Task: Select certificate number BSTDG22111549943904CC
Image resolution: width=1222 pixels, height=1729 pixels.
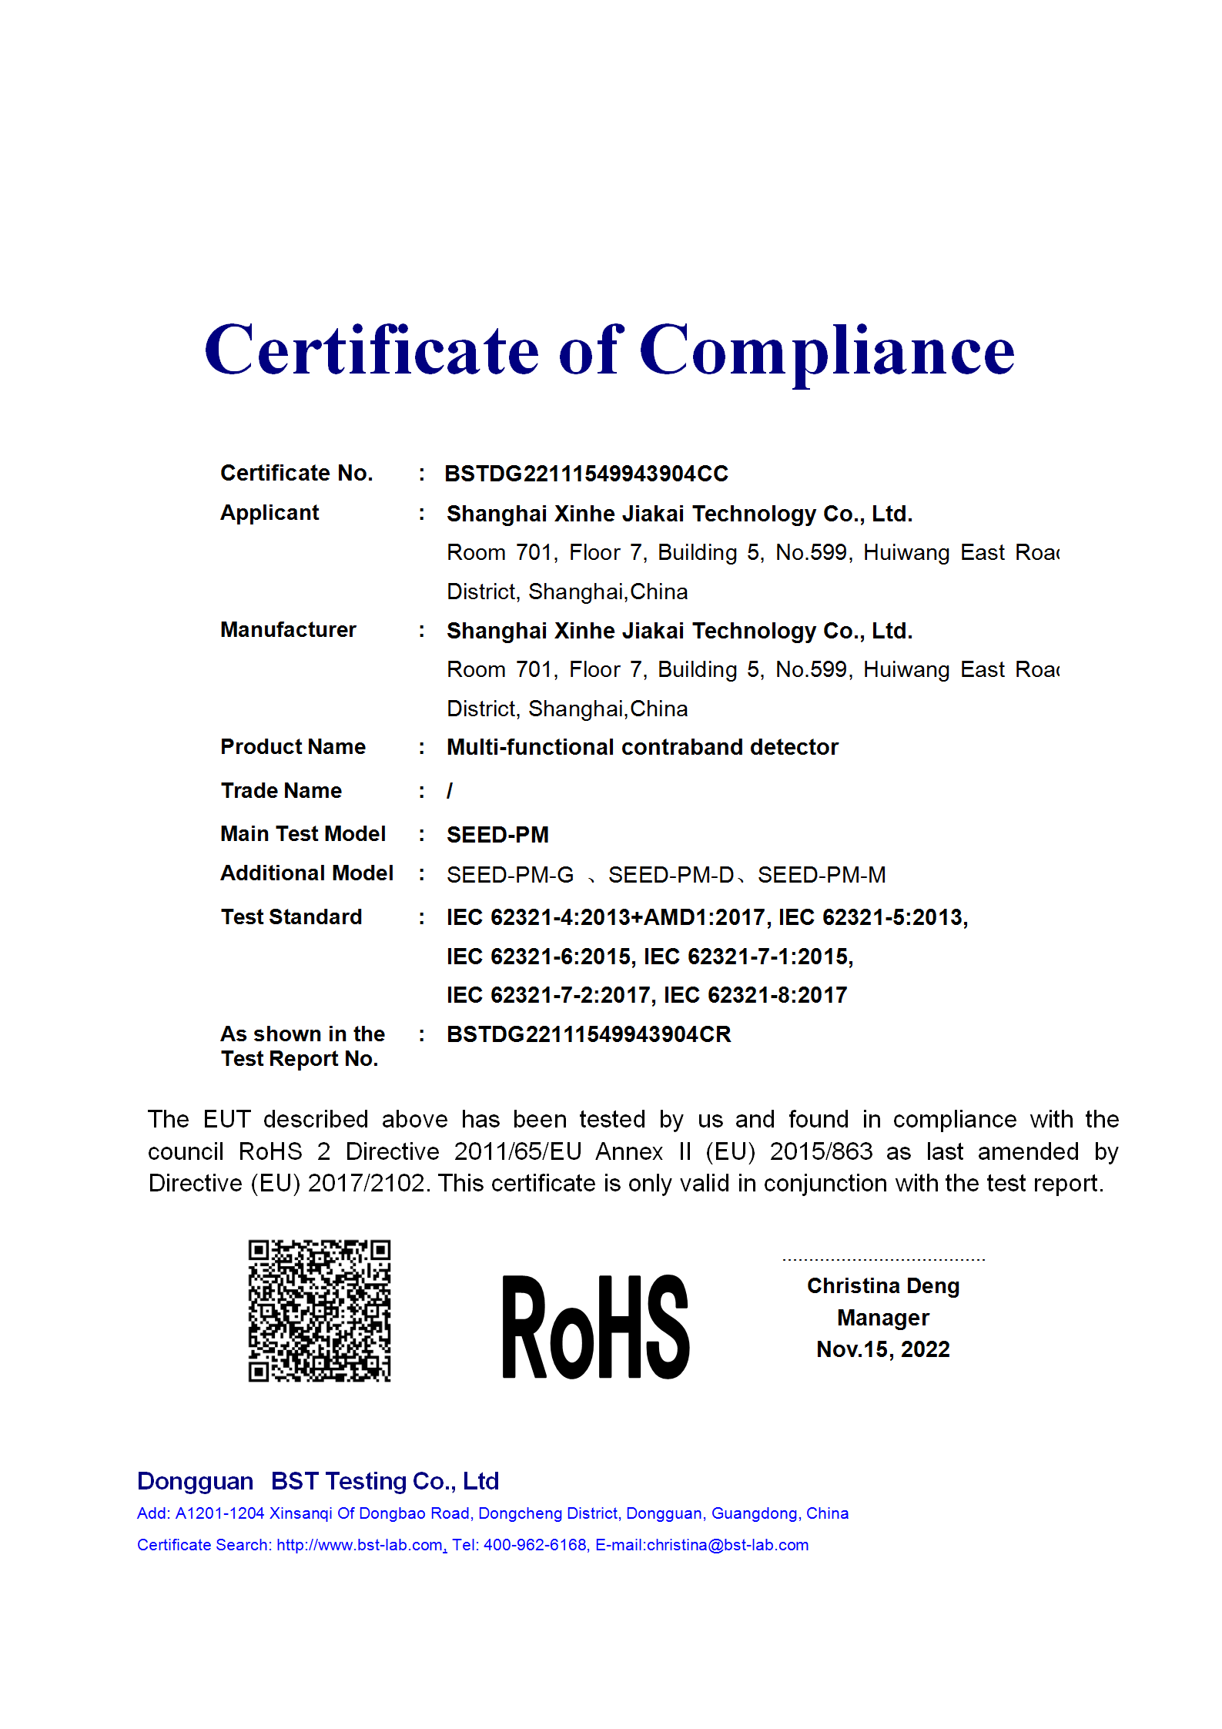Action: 586,474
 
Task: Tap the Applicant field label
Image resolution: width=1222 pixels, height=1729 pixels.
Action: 270,513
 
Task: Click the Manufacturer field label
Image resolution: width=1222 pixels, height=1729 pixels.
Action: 288,630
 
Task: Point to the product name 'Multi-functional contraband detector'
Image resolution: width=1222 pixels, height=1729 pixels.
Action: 642,747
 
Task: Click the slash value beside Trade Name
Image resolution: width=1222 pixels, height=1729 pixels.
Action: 450,791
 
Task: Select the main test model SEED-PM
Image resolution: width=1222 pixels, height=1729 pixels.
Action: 497,835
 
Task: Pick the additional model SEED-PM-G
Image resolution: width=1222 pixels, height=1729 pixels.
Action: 510,875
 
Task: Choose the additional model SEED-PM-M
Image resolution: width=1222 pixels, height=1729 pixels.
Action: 822,875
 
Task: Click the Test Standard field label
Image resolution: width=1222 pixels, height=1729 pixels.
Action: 291,917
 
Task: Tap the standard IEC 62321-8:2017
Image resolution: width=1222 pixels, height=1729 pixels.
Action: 755,995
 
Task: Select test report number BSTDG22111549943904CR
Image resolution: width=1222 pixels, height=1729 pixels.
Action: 588,1034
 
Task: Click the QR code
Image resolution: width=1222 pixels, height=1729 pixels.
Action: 319,1310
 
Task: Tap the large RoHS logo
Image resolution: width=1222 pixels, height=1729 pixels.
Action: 595,1326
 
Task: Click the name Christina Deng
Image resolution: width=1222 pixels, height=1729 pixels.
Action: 883,1286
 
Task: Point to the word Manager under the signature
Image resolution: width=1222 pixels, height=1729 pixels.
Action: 883,1318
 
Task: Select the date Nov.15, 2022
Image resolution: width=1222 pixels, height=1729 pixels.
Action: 883,1349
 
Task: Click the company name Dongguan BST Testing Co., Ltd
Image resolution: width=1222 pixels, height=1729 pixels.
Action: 318,1481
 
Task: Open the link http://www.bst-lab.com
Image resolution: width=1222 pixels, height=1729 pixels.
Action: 359,1545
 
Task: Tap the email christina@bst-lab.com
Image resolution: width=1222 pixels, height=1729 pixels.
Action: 728,1545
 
